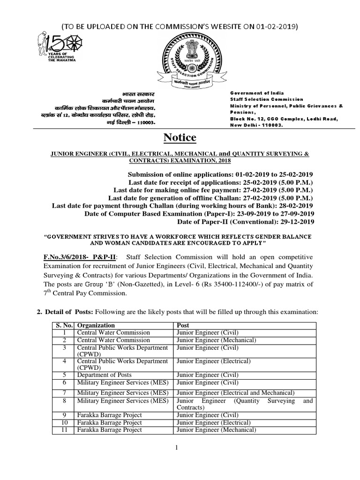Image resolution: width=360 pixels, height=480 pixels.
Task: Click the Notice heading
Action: [180, 138]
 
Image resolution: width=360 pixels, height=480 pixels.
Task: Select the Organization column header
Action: [96, 325]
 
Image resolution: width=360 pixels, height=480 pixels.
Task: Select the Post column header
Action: [182, 325]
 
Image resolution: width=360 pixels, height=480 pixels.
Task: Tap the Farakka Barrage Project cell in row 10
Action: [109, 422]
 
